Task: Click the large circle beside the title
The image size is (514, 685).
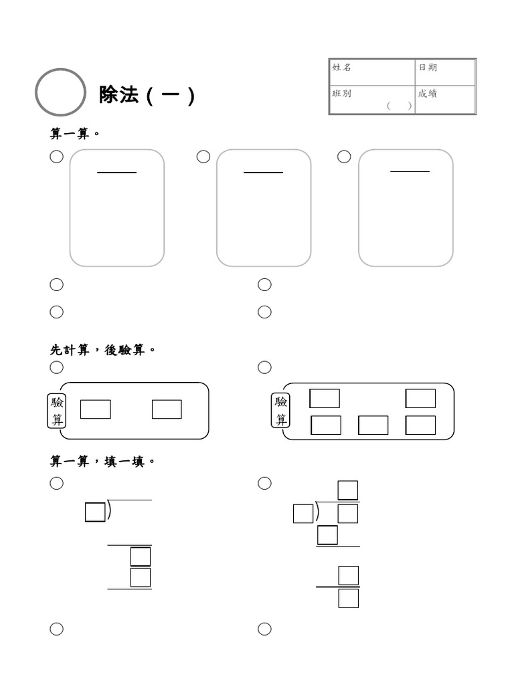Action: (x=60, y=93)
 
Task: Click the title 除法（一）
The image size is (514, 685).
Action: (x=147, y=95)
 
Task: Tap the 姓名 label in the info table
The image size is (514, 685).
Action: (x=342, y=68)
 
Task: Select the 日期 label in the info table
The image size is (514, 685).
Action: (x=428, y=68)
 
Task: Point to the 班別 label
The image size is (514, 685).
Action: (x=342, y=94)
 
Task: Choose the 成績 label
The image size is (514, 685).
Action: (x=428, y=94)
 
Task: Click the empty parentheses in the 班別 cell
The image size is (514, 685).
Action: (x=399, y=106)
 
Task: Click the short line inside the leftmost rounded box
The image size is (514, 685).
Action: (x=117, y=173)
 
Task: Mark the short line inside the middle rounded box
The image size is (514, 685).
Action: (x=264, y=173)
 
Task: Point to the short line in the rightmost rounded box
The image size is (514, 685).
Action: (x=410, y=172)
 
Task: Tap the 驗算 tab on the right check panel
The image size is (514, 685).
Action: (x=281, y=411)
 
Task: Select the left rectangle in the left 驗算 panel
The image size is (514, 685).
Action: (x=96, y=409)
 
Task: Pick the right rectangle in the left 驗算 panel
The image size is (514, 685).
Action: (x=167, y=409)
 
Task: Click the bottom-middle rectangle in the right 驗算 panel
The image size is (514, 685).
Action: (x=373, y=425)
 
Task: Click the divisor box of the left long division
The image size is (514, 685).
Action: (x=95, y=512)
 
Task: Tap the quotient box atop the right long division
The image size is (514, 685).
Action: (x=348, y=490)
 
